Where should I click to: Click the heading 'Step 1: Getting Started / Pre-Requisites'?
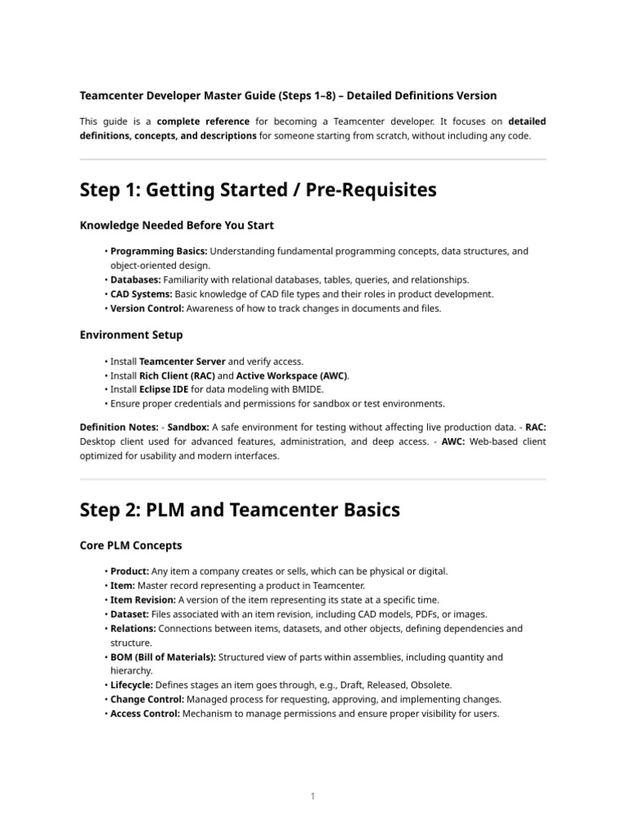[x=258, y=191]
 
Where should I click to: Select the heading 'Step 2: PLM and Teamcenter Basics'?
[x=240, y=510]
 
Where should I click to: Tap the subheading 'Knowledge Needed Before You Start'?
[x=177, y=225]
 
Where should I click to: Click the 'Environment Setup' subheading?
[x=131, y=334]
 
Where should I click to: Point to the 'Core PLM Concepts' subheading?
[x=131, y=545]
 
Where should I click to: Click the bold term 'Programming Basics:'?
[x=159, y=252]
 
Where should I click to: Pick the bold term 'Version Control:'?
[x=148, y=308]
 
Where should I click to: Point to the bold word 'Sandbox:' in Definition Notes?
[x=188, y=428]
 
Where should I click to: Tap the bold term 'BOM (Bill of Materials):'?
[x=163, y=656]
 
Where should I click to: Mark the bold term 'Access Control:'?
[x=146, y=713]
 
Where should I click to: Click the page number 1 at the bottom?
[x=313, y=796]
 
